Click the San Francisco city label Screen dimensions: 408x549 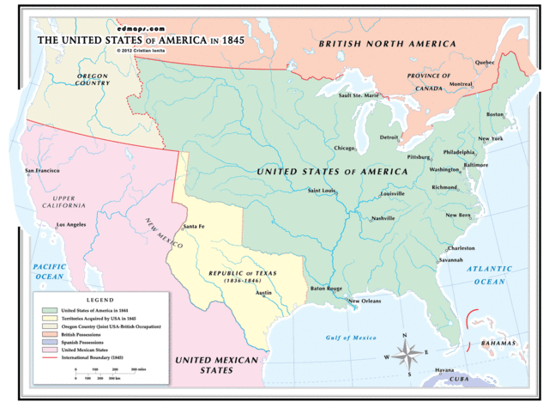42,171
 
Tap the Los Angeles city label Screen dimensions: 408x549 70,224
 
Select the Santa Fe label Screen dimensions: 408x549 194,226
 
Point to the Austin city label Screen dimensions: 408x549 264,293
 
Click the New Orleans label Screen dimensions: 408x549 365,301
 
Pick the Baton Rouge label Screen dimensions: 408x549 326,289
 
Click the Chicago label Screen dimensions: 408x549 345,148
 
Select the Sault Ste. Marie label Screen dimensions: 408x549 359,95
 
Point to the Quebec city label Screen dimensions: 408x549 485,62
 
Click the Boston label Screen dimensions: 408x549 495,114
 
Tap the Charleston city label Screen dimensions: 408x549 461,248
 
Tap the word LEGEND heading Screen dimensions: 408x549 100,300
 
